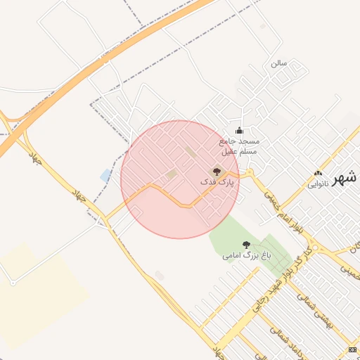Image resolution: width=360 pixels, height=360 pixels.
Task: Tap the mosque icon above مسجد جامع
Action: (x=239, y=129)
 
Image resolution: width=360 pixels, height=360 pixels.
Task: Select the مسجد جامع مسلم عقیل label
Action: (x=240, y=146)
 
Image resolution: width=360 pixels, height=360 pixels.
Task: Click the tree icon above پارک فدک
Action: (x=216, y=171)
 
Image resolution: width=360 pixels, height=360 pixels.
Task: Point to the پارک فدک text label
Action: (x=218, y=182)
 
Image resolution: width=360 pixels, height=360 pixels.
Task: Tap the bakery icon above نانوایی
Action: (x=318, y=173)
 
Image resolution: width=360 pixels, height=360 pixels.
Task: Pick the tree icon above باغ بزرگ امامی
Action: (x=245, y=244)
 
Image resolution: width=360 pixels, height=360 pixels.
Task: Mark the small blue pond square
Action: (x=106, y=175)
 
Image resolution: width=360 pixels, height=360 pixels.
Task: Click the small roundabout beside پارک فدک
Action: (x=248, y=172)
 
